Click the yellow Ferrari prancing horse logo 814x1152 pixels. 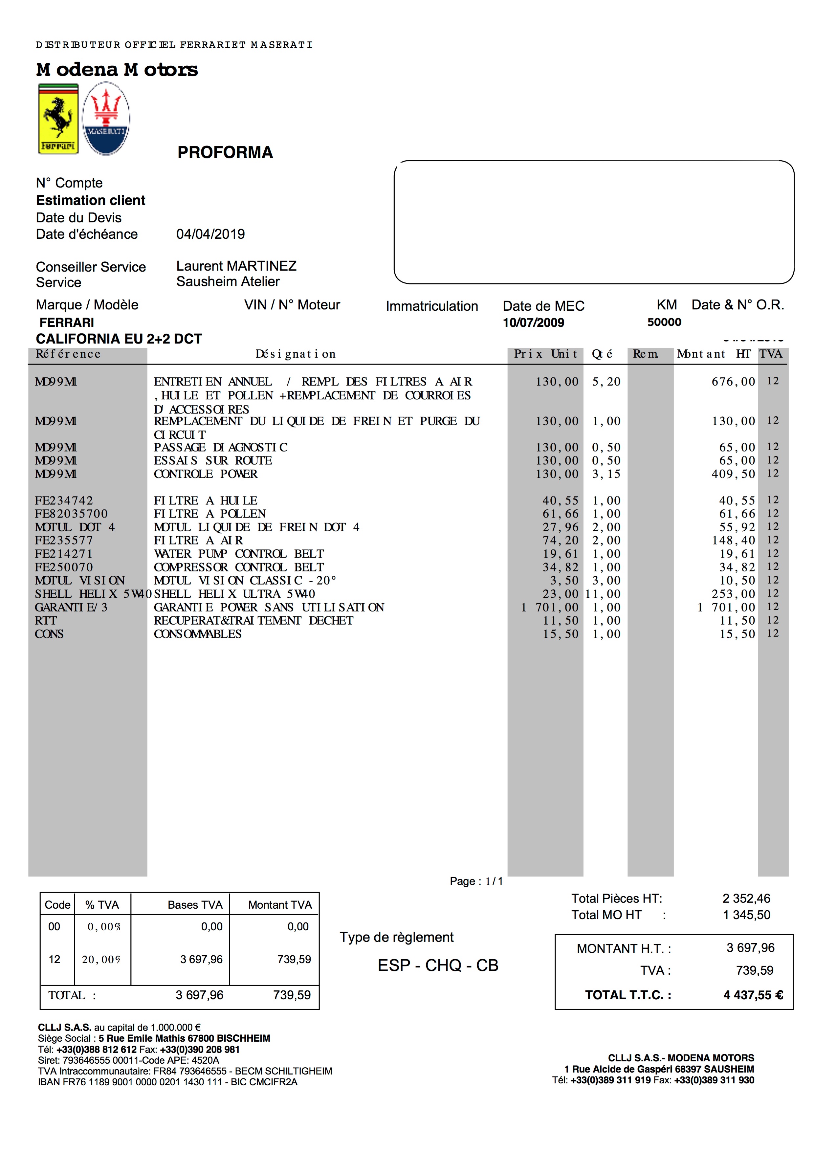pos(58,119)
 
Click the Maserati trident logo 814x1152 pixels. pos(106,119)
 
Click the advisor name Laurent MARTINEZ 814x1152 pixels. pos(236,266)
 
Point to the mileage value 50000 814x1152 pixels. pos(664,322)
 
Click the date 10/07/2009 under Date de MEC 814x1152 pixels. pos(533,322)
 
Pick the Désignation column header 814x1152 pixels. pos(296,354)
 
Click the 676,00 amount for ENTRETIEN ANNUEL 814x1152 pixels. pos(733,382)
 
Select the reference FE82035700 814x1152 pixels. pos(71,514)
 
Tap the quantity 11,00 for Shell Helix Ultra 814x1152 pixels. pos(603,594)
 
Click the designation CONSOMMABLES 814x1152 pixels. pos(198,634)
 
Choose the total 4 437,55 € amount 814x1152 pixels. pos(753,995)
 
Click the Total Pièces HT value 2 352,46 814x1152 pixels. pos(746,898)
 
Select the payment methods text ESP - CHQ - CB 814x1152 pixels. pos(437,965)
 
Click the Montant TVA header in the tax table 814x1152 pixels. pos(279,905)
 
